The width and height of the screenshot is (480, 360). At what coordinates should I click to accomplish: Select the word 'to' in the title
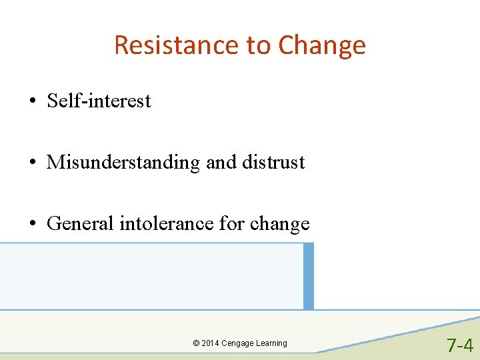coord(257,46)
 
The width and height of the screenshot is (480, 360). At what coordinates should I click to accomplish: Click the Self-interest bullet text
coord(99,101)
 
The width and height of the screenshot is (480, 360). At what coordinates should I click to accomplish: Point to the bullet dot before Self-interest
coord(32,102)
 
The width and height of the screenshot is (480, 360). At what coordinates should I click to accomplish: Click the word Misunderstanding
coord(123,163)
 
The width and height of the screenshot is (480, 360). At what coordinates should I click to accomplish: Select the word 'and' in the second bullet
coord(221,162)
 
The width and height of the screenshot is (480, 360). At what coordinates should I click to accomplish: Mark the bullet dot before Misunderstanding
coord(32,163)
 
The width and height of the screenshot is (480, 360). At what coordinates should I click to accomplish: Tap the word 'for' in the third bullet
coord(232,223)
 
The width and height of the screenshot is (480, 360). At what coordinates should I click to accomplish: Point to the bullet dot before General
coord(32,224)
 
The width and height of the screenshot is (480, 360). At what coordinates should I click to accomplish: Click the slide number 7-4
coord(459,345)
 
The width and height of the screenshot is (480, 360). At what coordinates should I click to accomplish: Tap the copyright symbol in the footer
coord(196,343)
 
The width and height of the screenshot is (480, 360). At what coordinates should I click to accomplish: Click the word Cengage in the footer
coord(239,343)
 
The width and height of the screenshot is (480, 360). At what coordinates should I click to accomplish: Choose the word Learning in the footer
coord(272,343)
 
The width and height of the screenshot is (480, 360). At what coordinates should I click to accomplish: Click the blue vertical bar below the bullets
coord(308,276)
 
